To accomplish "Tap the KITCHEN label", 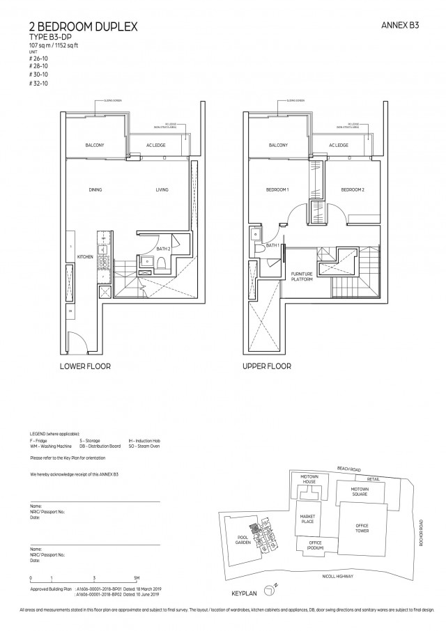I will tap(86, 257).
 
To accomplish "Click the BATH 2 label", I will tap(164, 249).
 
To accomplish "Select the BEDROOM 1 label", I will tap(277, 190).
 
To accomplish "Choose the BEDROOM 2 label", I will tap(353, 190).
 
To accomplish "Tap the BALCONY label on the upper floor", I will tap(279, 145).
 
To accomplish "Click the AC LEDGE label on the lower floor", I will tap(155, 145).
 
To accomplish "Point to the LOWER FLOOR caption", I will tap(85, 366).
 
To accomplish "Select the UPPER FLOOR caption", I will tap(267, 366).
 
